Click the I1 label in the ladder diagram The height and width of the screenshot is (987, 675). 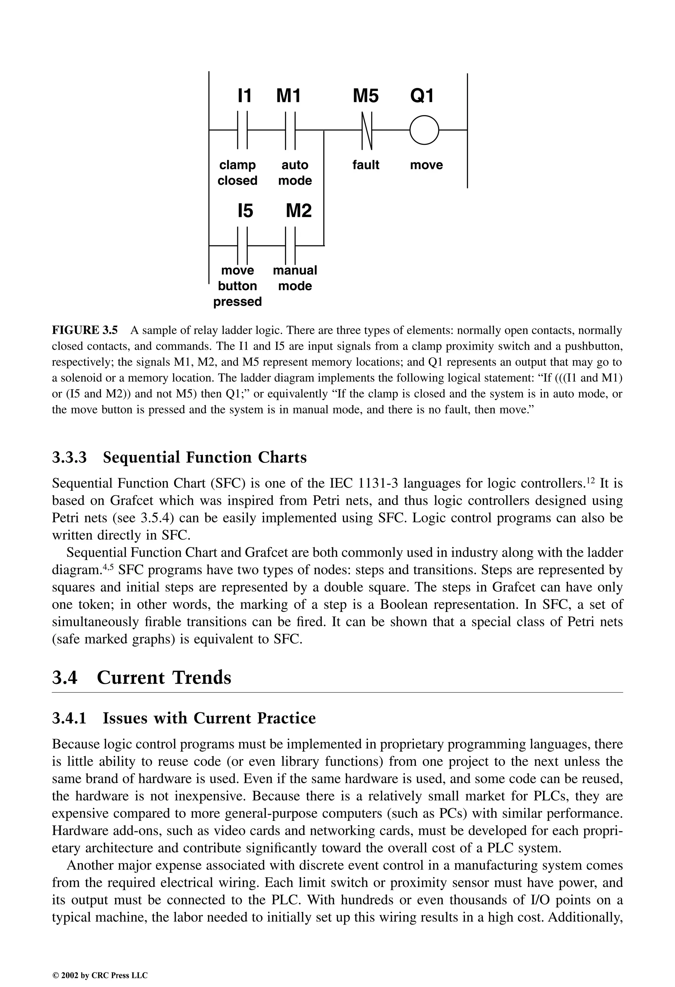[x=245, y=96]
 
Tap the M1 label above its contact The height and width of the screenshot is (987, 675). [x=288, y=96]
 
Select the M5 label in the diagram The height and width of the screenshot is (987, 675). [x=366, y=96]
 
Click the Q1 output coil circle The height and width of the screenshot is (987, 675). [x=424, y=130]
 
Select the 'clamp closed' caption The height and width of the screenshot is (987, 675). [x=237, y=173]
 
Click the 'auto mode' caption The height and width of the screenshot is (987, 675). [x=295, y=173]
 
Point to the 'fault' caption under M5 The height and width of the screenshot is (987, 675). [x=366, y=165]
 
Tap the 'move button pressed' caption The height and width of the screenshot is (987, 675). [x=237, y=286]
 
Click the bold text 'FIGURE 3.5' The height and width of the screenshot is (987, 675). [x=84, y=330]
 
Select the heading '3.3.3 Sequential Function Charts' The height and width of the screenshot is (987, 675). [x=179, y=457]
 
